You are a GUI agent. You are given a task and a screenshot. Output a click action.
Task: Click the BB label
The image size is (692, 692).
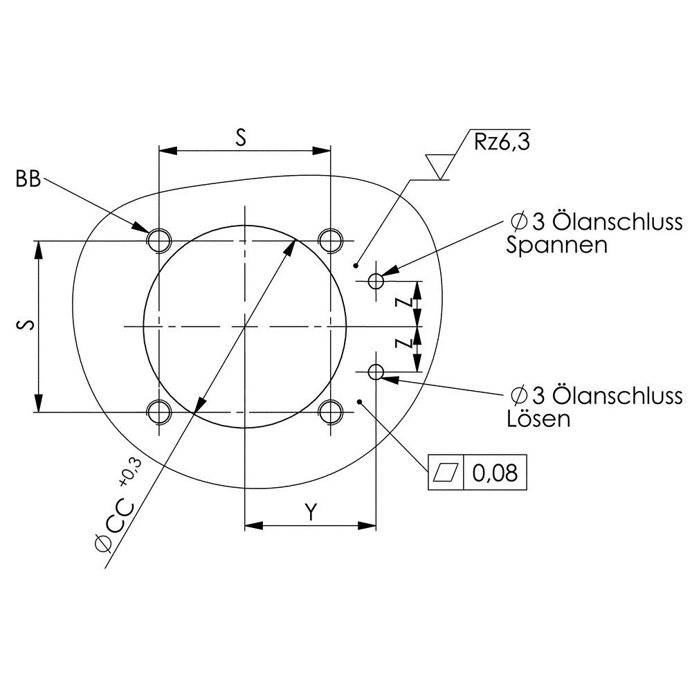pyautogui.click(x=28, y=180)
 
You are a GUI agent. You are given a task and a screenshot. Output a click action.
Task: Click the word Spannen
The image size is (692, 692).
pyautogui.click(x=556, y=246)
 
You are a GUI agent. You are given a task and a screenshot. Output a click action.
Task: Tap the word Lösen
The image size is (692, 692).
pyautogui.click(x=538, y=419)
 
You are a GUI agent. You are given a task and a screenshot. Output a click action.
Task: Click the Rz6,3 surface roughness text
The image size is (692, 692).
pyautogui.click(x=502, y=142)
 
